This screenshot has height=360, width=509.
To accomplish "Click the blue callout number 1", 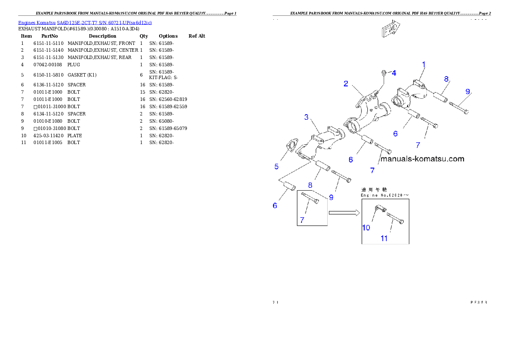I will point(424,65).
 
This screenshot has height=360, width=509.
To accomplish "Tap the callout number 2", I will point(346,84).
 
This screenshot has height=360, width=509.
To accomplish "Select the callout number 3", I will point(307,117).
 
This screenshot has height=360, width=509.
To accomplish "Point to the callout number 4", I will point(394,73).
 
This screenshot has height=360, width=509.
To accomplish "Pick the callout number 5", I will point(277,166).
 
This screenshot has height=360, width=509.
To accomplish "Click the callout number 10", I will point(366,227).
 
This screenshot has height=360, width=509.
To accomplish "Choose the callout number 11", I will point(384,238).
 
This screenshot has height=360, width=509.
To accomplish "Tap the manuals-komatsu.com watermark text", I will point(422,159).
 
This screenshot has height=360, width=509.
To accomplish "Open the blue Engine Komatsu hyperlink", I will point(85,23).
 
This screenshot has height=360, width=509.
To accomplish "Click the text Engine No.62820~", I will point(385,195).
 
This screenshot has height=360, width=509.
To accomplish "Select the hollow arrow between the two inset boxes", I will point(343,212).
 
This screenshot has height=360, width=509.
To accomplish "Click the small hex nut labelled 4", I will point(384,74).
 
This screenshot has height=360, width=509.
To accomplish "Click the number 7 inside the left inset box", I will point(302,220).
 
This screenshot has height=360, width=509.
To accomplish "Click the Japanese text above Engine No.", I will point(374,189).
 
